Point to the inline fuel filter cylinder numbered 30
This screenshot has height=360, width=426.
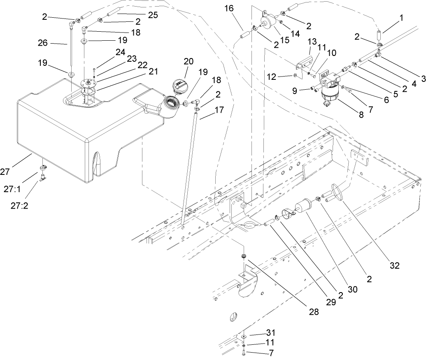coord(305,206)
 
